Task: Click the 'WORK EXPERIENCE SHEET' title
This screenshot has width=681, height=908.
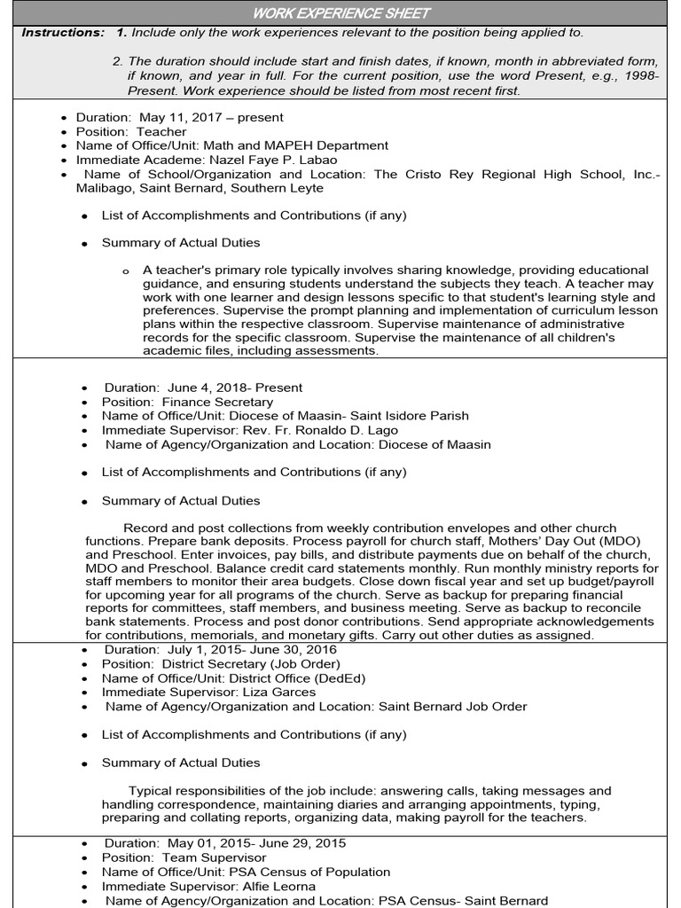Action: tap(340, 12)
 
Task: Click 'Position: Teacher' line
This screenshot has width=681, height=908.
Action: tap(131, 131)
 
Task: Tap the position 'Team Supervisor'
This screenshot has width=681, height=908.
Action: tap(214, 857)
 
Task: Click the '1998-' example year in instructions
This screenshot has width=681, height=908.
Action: tap(641, 76)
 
